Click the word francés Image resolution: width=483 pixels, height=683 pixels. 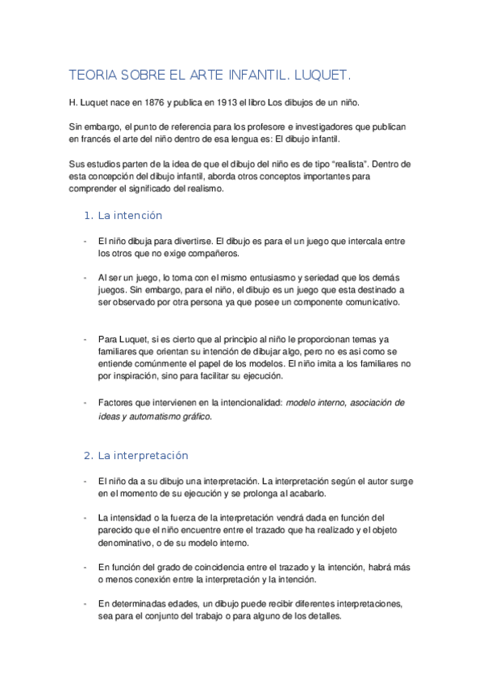click(x=99, y=139)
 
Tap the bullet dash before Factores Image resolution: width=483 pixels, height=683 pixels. click(x=85, y=401)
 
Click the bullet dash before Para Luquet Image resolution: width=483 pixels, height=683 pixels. click(x=85, y=338)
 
